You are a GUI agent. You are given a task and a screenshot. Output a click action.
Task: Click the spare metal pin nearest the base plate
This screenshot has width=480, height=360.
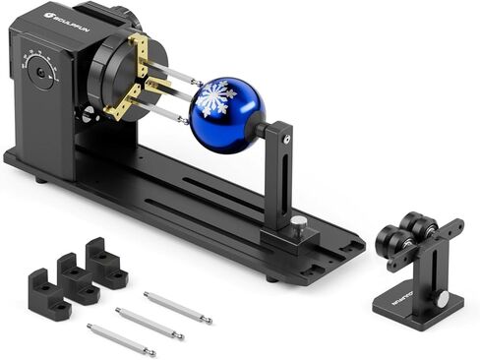(x=177, y=306)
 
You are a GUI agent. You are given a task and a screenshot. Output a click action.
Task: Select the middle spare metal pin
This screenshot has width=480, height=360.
(x=150, y=323)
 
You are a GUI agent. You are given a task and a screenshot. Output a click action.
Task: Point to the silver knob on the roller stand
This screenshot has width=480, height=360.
(x=443, y=297)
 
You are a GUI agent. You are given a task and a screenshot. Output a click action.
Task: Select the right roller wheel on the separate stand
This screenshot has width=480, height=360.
(x=425, y=231)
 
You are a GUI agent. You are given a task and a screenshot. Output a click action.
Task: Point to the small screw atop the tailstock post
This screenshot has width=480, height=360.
(x=285, y=141)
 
